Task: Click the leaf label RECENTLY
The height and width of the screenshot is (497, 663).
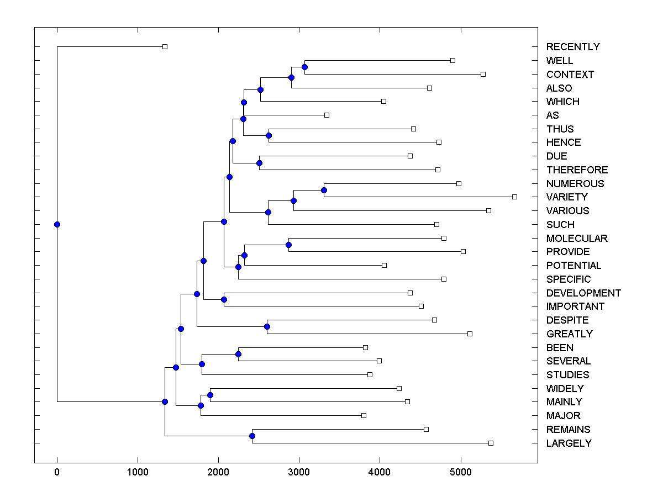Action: coord(573,47)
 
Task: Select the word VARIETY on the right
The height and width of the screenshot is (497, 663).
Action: coord(567,197)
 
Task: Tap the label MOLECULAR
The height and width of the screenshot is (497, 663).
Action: coord(577,239)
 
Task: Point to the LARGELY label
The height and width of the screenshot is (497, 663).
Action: coord(569,443)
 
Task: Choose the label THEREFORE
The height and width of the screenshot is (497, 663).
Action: coord(577,170)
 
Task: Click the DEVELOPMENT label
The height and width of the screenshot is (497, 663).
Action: coord(583,293)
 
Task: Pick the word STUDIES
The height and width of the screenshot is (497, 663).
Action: coord(567,375)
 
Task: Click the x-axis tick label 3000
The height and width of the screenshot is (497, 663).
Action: coord(299,472)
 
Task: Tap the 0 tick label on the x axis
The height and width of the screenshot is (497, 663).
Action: coord(57,472)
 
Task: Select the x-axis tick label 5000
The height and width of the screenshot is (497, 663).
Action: coord(460,472)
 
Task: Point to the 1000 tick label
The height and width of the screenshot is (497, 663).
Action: coord(138,472)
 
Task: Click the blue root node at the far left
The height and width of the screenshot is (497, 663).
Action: coord(57,224)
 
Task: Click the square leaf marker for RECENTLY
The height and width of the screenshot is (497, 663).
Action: coord(165,46)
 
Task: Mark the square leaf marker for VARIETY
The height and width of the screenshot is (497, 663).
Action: coord(514,197)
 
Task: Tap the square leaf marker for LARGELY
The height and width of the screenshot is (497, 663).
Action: coord(491,443)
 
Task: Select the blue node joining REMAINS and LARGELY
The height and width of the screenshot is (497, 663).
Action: coord(252,436)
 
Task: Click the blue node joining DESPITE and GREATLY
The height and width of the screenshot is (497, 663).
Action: coord(267,327)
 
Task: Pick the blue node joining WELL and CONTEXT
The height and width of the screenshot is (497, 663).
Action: coord(304,67)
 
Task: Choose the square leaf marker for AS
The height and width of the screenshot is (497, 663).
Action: coord(327,115)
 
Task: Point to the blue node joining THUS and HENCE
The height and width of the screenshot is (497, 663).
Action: coord(269,135)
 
